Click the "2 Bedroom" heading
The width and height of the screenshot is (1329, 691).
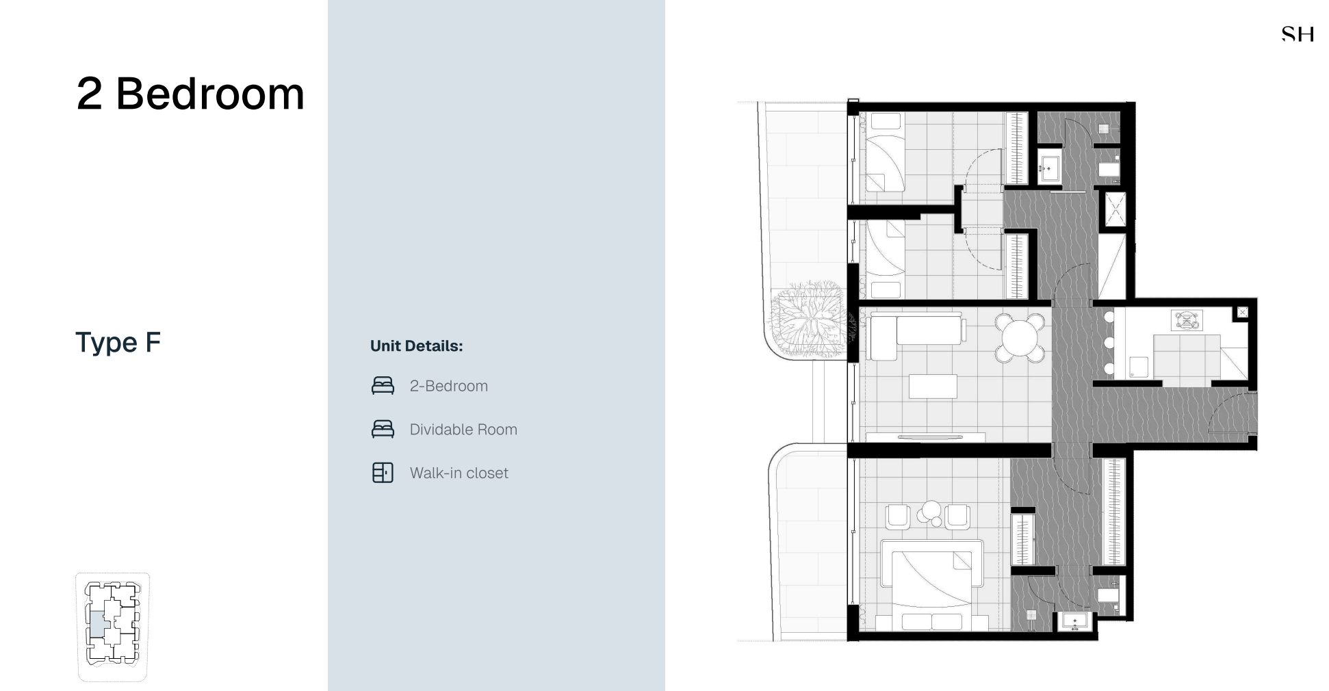point(190,93)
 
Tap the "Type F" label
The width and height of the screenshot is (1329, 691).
point(118,342)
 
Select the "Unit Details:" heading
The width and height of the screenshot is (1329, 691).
point(416,346)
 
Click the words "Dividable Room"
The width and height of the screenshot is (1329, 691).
point(463,430)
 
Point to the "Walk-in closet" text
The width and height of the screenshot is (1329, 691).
point(459,473)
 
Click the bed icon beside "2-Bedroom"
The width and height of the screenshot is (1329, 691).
point(383,386)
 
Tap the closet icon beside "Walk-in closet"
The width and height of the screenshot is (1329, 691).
point(383,473)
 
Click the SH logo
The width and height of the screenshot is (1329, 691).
point(1298,34)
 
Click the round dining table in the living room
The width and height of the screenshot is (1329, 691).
point(1020,337)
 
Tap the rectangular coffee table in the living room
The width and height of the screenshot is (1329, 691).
point(933,386)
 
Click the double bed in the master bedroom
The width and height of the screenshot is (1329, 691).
point(931,584)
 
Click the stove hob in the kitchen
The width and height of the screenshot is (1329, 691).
point(1187,320)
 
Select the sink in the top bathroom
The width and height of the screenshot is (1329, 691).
point(1049,169)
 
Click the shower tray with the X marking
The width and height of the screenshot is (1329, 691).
point(1115,209)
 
